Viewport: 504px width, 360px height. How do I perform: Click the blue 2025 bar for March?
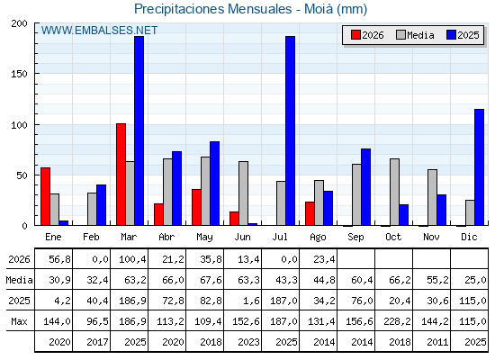139,130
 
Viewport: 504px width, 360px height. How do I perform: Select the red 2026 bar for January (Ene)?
45,196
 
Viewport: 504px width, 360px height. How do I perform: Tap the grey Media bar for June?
243,193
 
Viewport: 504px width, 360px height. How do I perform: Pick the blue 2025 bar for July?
290,130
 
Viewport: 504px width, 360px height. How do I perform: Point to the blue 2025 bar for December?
479,167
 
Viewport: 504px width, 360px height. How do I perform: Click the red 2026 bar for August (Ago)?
310,213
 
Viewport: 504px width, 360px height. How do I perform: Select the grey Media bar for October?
395,192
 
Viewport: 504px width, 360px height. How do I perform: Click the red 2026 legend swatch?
355,35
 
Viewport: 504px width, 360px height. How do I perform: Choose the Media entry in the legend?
415,35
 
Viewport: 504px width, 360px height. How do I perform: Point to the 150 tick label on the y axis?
19,74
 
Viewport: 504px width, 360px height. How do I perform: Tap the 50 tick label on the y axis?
22,175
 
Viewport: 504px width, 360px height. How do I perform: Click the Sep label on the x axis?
355,238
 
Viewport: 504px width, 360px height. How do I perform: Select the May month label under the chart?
204,238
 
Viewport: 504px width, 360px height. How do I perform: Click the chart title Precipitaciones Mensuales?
212,9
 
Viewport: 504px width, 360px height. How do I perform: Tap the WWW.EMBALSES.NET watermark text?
99,31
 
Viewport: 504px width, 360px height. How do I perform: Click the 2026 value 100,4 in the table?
132,259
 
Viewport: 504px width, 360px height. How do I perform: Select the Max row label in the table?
19,321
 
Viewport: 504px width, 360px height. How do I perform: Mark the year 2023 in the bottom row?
248,342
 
